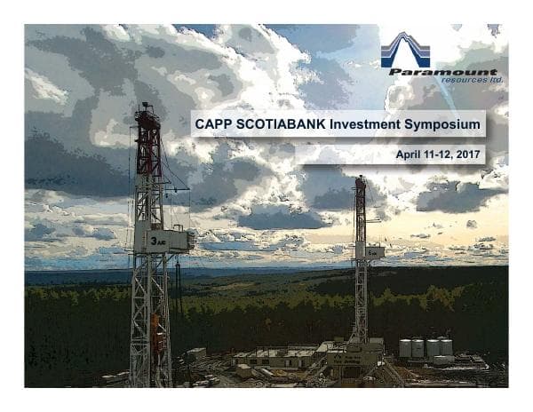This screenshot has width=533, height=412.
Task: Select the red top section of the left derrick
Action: coord(148,133)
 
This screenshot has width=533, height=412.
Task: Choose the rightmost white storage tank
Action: coord(444,346)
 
